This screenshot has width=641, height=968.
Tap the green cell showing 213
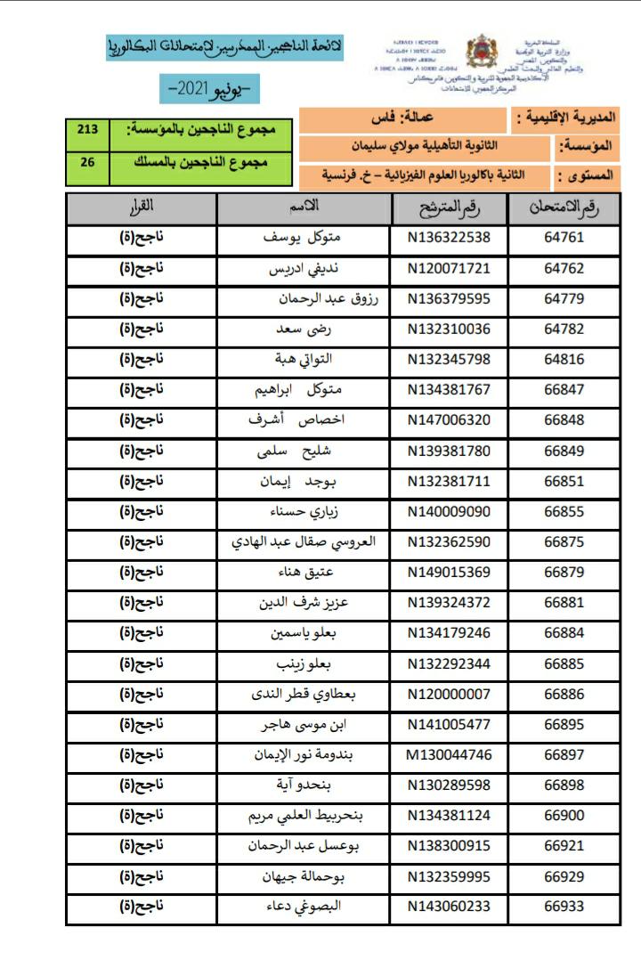pyautogui.click(x=87, y=130)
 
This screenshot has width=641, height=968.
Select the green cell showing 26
pyautogui.click(x=87, y=163)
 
